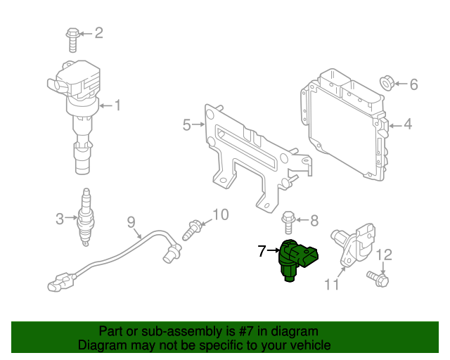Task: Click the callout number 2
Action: pyautogui.click(x=98, y=32)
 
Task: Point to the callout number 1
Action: pyautogui.click(x=117, y=106)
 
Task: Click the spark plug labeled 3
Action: pyautogui.click(x=85, y=217)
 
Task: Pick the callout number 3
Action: pyautogui.click(x=60, y=219)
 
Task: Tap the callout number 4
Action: pyautogui.click(x=408, y=126)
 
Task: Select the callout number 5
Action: pyautogui.click(x=186, y=125)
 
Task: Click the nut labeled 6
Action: pyautogui.click(x=387, y=84)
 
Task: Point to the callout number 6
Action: pyautogui.click(x=413, y=85)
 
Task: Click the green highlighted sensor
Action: pyautogui.click(x=296, y=259)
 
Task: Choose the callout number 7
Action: pyautogui.click(x=262, y=250)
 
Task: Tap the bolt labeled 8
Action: pyautogui.click(x=288, y=221)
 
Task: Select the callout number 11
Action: pyautogui.click(x=331, y=284)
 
